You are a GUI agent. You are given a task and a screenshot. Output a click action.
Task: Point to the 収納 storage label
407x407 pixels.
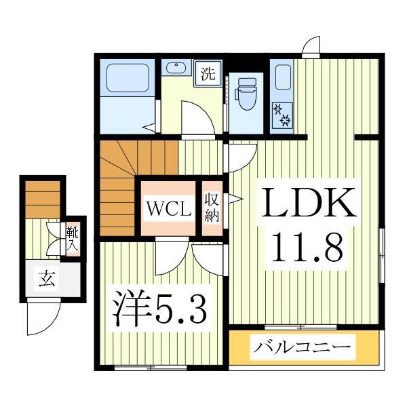[x=212, y=208]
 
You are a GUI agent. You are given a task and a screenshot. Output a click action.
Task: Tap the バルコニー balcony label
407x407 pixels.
[x=303, y=349]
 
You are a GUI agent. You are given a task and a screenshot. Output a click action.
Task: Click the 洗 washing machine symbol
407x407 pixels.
[x=208, y=73]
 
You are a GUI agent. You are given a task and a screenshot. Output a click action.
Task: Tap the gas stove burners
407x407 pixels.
[x=282, y=114]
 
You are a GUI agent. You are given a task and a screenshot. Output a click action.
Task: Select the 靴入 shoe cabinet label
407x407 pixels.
[x=71, y=239]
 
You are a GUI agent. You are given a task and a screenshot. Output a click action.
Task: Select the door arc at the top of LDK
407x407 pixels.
[x=311, y=46]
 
